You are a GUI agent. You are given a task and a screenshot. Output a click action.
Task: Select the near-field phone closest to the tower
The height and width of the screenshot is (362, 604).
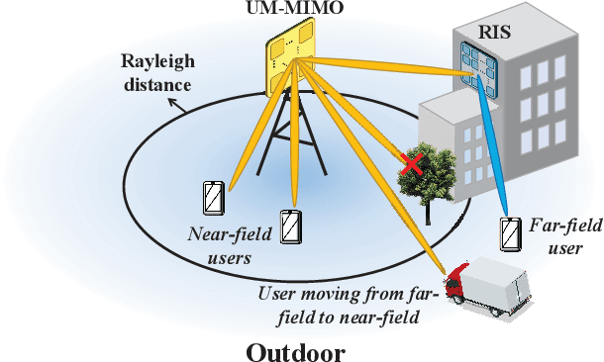(x=289, y=228)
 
